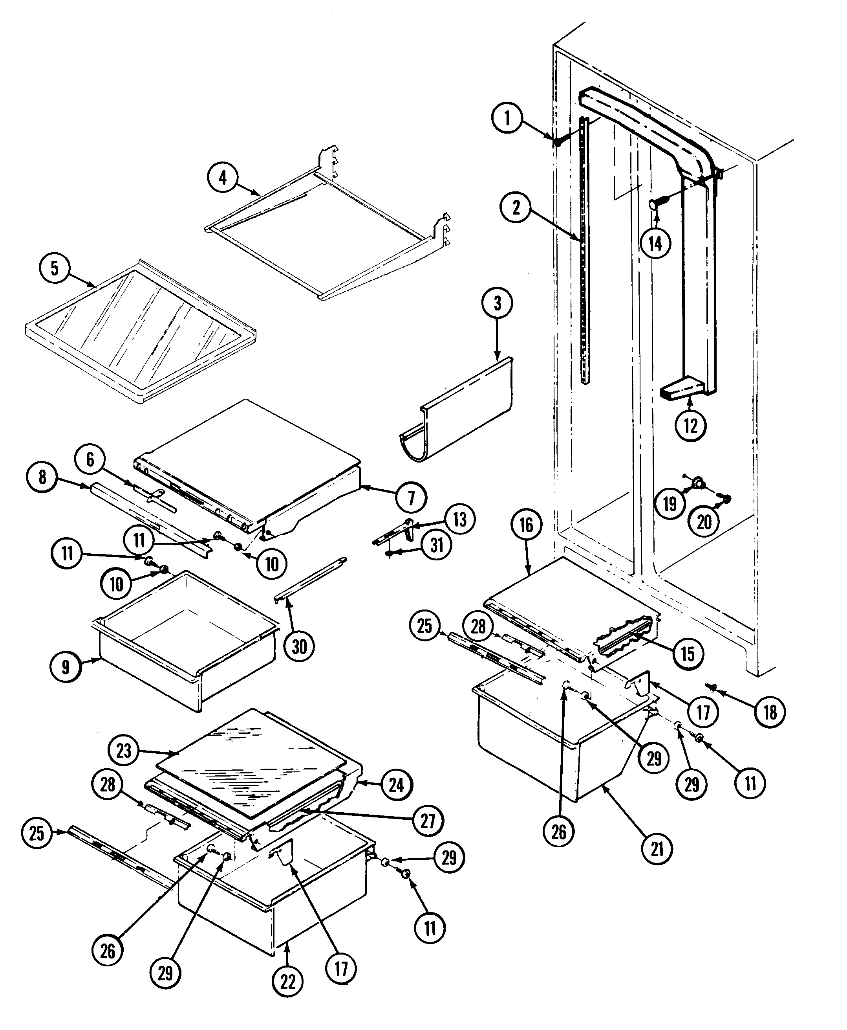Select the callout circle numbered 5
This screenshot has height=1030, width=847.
click(55, 268)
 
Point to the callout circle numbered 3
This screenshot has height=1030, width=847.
click(497, 304)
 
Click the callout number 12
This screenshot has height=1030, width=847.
click(691, 426)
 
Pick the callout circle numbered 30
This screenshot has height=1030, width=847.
click(299, 647)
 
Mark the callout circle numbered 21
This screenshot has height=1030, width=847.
click(657, 849)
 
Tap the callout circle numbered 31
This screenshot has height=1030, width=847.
click(437, 545)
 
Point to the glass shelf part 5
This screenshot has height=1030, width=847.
click(141, 332)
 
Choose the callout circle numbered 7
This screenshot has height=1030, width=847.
click(411, 498)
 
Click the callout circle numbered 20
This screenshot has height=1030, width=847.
click(704, 522)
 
